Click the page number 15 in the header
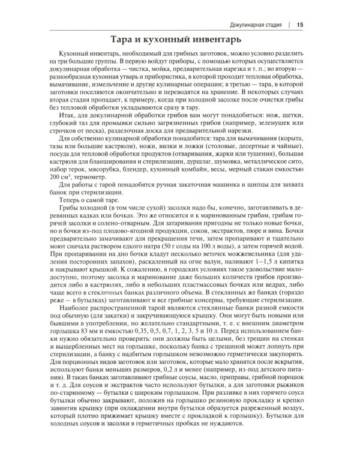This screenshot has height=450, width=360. [x=300, y=25]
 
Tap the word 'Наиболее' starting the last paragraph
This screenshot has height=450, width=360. [x=76, y=314]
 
